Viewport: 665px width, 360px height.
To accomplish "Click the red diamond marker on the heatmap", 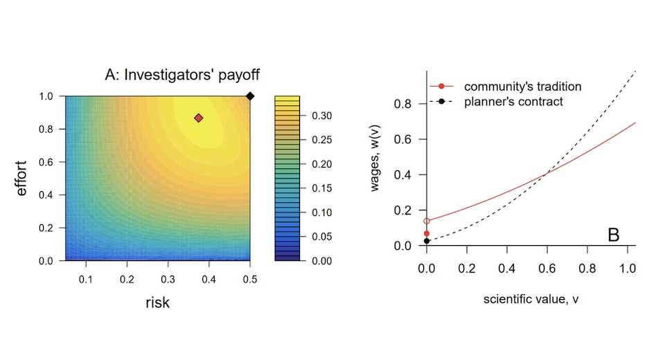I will coord(199,118).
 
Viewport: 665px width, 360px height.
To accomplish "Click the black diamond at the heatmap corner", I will coord(251,96).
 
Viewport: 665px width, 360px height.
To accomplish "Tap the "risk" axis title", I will coord(157,301).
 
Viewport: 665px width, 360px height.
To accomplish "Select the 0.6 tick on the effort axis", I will coord(46,162).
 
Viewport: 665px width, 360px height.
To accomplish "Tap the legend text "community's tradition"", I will coord(522,87).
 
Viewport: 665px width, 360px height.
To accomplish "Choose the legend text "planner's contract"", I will coord(513,102).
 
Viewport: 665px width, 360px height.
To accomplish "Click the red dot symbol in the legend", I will coord(441,87).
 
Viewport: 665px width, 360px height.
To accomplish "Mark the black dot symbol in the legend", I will coord(441,102).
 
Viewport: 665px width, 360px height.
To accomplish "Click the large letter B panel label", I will coord(613,235).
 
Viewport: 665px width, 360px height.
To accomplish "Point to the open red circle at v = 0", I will coord(427,221).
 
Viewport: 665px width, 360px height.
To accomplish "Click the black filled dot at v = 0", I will coord(427,241).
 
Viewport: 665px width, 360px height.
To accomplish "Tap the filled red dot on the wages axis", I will coord(427,233).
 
